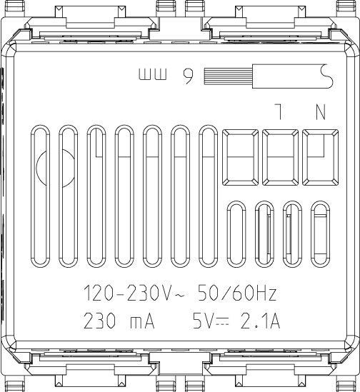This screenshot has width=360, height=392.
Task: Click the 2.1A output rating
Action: coord(261,321)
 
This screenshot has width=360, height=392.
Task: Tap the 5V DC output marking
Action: coord(208,321)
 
